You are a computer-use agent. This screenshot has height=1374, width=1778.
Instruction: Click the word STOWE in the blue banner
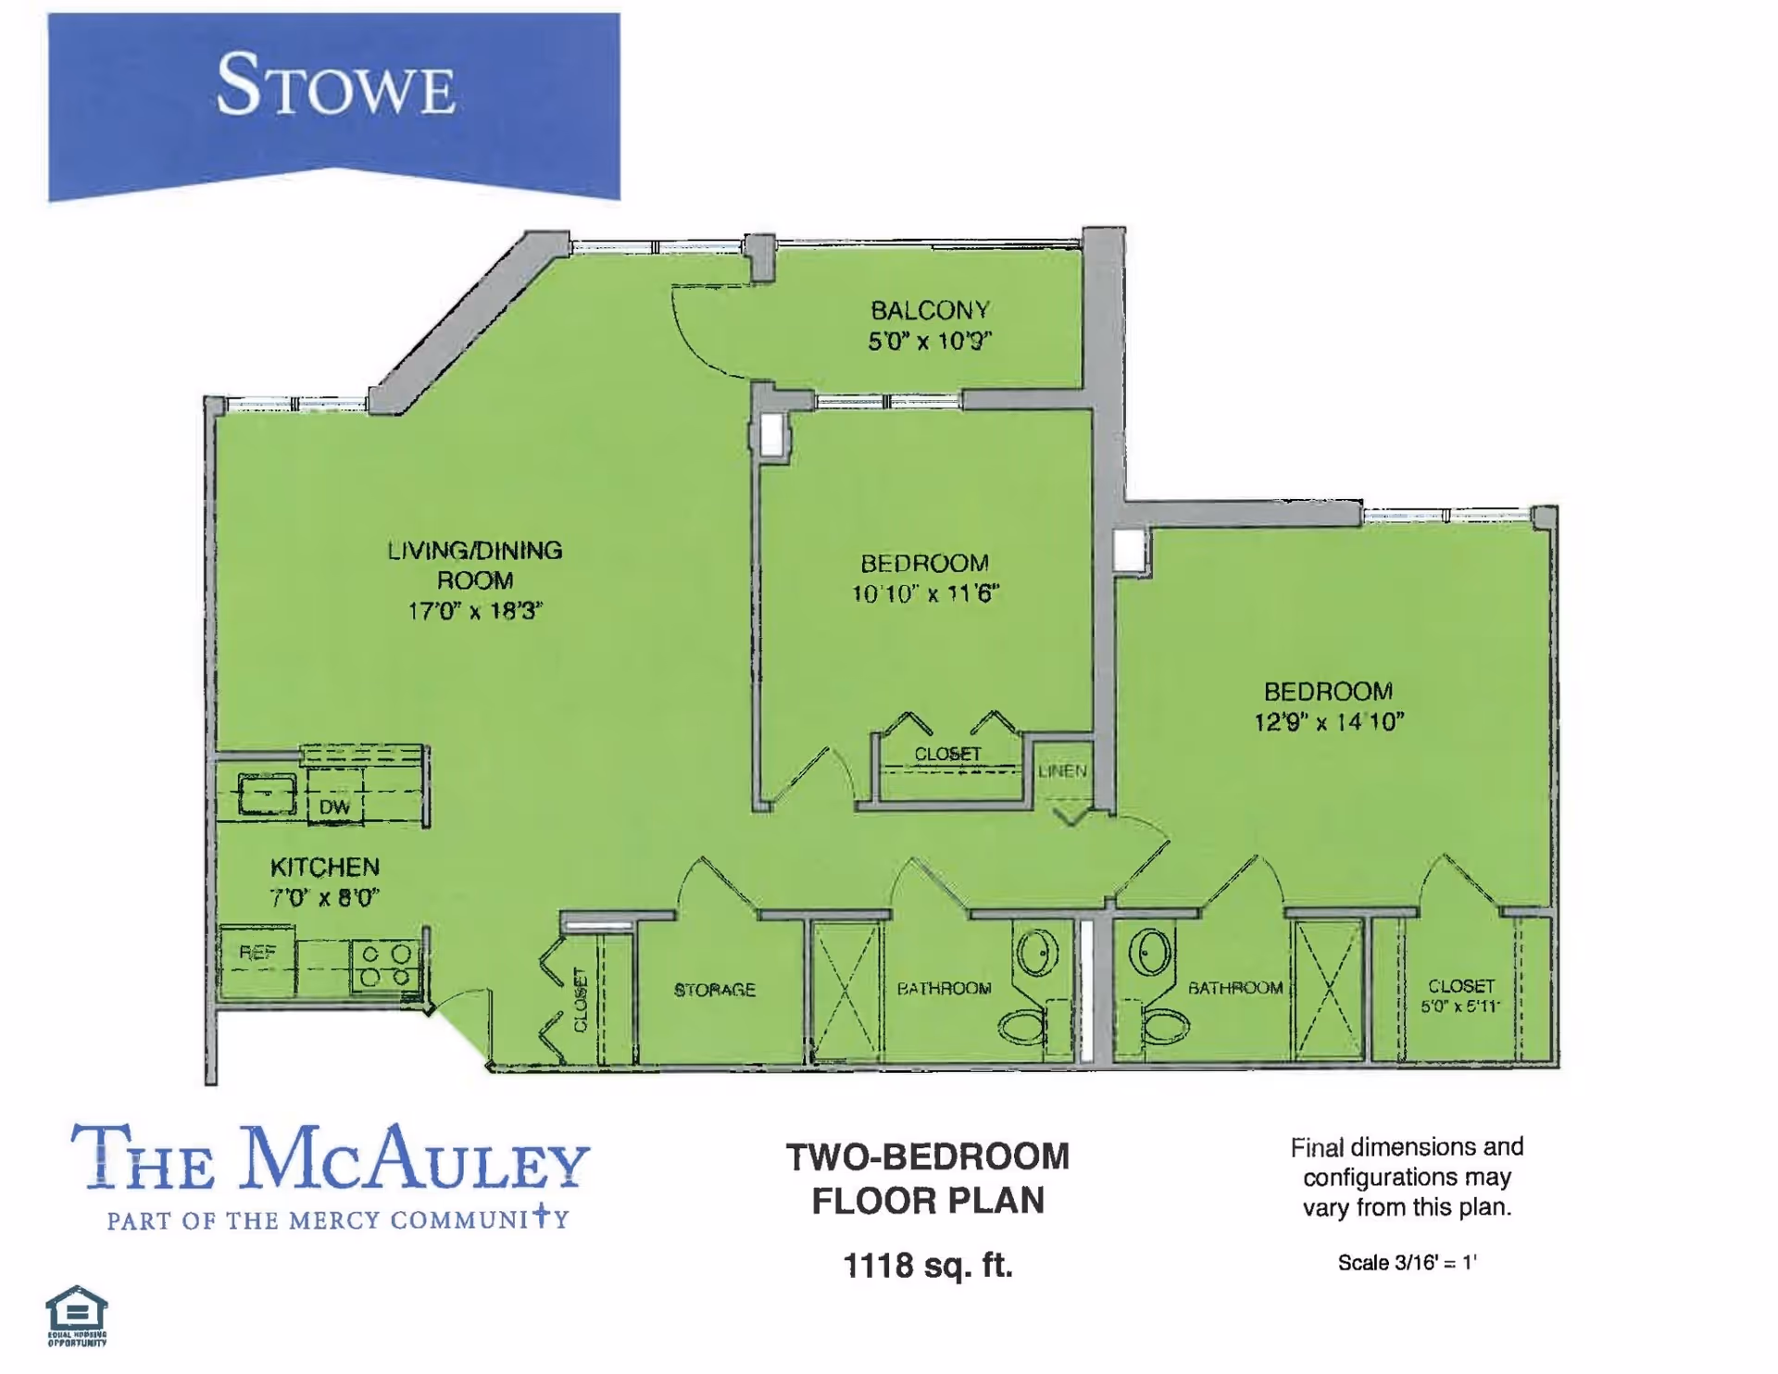click(335, 86)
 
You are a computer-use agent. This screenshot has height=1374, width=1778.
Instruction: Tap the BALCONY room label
click(930, 310)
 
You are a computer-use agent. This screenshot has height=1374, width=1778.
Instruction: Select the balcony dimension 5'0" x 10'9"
click(930, 342)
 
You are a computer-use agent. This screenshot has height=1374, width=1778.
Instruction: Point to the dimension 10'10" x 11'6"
click(925, 593)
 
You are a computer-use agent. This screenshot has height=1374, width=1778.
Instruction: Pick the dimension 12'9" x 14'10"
click(1329, 722)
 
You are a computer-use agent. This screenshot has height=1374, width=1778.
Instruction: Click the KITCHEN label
click(324, 868)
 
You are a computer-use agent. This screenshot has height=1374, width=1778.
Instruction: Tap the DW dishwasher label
click(334, 807)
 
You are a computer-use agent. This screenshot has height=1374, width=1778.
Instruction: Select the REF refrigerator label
click(257, 953)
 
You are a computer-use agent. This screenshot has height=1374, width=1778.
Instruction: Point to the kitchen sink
click(267, 794)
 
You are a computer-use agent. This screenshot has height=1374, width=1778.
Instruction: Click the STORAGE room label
click(714, 990)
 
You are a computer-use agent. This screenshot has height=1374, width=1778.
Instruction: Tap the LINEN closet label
click(1062, 771)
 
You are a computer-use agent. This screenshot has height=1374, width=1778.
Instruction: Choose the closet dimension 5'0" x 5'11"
click(1460, 1006)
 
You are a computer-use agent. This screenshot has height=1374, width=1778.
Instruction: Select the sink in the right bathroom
click(1151, 952)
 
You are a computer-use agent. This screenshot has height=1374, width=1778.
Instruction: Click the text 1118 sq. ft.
click(928, 1265)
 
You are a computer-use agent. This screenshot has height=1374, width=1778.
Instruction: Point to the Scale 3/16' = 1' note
click(1407, 1263)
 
